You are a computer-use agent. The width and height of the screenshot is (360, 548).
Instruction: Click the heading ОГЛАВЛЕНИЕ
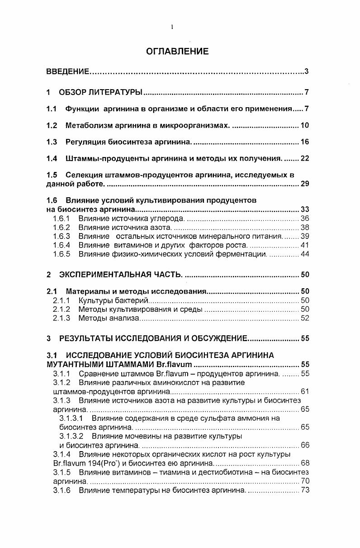coord(177,52)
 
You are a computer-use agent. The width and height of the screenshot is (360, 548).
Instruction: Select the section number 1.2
coord(52,125)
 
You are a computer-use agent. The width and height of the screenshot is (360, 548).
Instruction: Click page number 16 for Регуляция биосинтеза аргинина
coord(304,142)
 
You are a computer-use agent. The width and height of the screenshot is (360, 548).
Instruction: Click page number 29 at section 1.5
coord(304,184)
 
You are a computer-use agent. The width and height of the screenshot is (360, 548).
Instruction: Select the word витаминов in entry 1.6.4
coord(128,245)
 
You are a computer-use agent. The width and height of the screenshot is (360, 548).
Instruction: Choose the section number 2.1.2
coord(61,310)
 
